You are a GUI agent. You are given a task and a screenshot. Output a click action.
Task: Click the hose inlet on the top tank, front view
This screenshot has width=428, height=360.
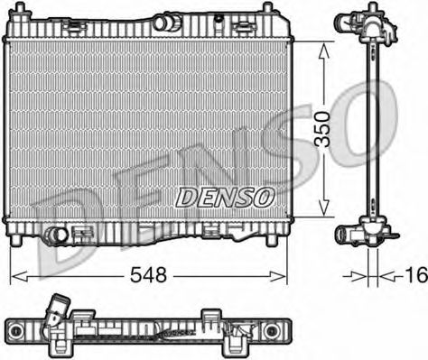pos(171,21)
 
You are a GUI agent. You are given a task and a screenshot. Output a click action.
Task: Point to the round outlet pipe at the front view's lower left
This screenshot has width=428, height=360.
pos(58,236)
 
